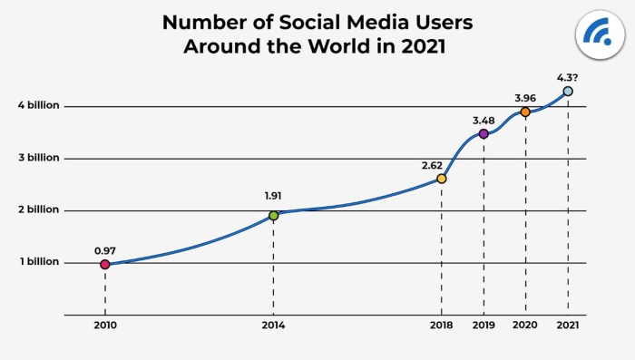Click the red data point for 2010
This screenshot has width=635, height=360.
tap(104, 264)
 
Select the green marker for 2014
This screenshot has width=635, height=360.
tap(273, 215)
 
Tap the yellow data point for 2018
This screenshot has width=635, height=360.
tap(441, 179)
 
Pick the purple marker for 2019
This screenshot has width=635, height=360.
tap(484, 133)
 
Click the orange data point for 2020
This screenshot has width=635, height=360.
tap(525, 112)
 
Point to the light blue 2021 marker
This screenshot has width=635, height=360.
tap(568, 91)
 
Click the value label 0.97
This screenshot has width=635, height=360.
tap(104, 248)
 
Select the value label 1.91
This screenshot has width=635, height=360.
tap(273, 195)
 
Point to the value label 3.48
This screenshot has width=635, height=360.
tap(483, 118)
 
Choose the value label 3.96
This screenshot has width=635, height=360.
tap(525, 95)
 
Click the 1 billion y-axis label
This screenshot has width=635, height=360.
tap(39, 263)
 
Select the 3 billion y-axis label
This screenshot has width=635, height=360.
tap(38, 158)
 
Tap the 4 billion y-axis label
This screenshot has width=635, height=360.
tap(38, 105)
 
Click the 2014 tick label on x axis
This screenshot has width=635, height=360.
tap(273, 325)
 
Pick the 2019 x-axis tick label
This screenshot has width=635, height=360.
tap(484, 325)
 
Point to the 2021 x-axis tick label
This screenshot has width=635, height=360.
tap(568, 325)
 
